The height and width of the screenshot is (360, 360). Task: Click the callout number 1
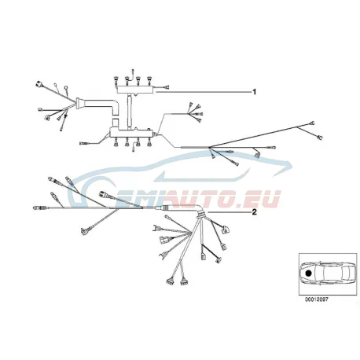click(254, 92)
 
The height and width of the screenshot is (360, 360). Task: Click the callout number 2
click(254, 211)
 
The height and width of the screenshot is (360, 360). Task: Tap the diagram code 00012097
click(316, 299)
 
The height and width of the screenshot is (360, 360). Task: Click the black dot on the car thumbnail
click(308, 273)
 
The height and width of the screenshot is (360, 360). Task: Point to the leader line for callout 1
click(203, 92)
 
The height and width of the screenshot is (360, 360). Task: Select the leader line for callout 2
click(229, 212)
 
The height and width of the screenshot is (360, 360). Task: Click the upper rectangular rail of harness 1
click(135, 90)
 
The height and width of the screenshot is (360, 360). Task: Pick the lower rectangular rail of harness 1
click(131, 132)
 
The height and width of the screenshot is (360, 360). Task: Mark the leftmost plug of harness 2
click(37, 208)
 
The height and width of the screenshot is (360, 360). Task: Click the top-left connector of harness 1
click(39, 84)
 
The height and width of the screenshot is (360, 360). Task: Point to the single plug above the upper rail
click(133, 70)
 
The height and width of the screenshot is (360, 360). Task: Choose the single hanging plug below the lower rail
click(134, 149)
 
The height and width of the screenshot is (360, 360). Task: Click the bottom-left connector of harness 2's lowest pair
click(169, 281)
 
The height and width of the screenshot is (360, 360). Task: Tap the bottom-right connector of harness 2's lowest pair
click(184, 282)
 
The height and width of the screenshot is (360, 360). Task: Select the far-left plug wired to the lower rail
click(83, 143)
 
